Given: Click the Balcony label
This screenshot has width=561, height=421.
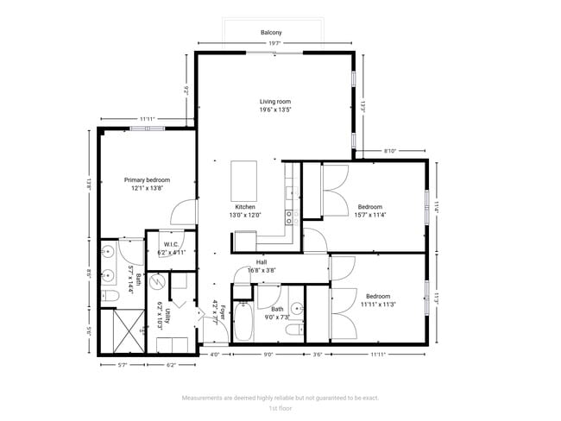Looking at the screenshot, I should tap(272, 33).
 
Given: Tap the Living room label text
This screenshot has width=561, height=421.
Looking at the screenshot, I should tap(274, 102).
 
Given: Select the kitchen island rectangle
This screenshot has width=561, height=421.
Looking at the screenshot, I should tap(244, 179).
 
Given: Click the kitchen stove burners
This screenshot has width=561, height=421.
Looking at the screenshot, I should tap(292, 216).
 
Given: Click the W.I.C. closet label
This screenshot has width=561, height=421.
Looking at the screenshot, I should tap(171, 244).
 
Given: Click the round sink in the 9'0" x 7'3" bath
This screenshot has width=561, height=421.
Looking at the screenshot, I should tap(296, 307).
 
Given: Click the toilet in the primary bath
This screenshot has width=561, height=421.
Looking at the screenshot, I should tap(110, 297).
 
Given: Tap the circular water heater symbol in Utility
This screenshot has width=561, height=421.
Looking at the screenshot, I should tap(157, 283).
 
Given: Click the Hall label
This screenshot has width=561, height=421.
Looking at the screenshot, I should tap(262, 263).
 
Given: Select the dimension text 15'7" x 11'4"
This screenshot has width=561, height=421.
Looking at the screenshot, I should tap(370, 216).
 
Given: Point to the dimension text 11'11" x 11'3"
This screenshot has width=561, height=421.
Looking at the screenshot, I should tap(377, 304).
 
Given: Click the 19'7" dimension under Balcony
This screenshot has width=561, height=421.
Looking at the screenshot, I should tap(274, 43).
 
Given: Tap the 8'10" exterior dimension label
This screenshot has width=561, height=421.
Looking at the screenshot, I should tap(390, 152).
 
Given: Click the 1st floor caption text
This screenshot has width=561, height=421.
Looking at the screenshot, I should tap(280, 408).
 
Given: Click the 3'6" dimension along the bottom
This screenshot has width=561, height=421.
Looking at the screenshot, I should tap(318, 354).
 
